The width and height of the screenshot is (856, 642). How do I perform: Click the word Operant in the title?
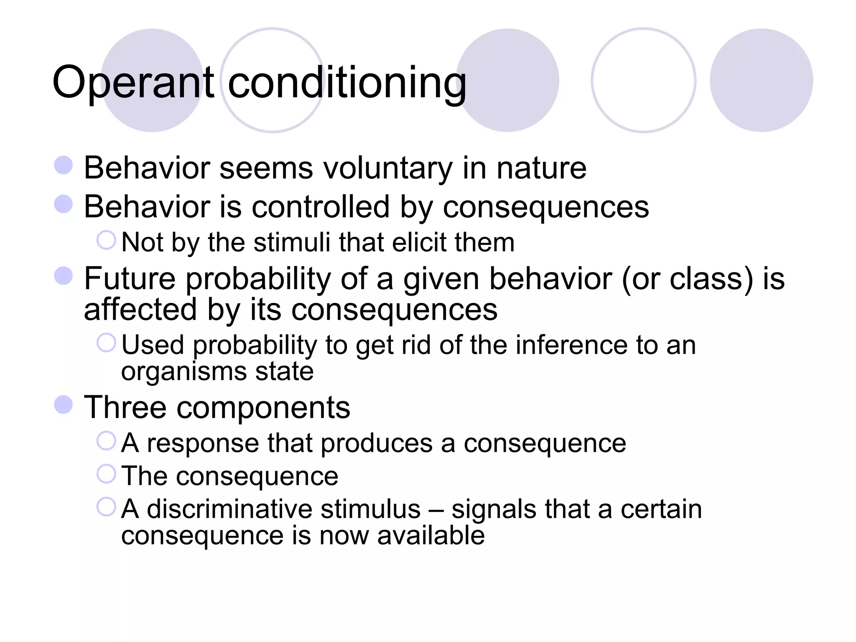coord(133,83)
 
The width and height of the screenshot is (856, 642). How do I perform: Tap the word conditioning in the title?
coord(347,83)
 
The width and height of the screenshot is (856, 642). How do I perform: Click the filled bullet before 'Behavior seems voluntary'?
coord(64,165)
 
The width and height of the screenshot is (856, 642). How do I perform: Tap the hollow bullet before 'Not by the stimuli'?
coord(106,240)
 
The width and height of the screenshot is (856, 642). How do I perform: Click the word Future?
coord(130,279)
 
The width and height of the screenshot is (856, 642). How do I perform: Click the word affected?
coord(140,310)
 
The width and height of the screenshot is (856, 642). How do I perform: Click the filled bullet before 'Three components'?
coord(64,404)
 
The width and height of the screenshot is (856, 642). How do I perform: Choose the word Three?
coord(125,408)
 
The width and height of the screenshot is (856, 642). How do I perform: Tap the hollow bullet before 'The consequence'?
coord(106,474)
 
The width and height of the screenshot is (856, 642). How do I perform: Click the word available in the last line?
coord(431,535)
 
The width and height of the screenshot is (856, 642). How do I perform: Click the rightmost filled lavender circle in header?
coord(761,80)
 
